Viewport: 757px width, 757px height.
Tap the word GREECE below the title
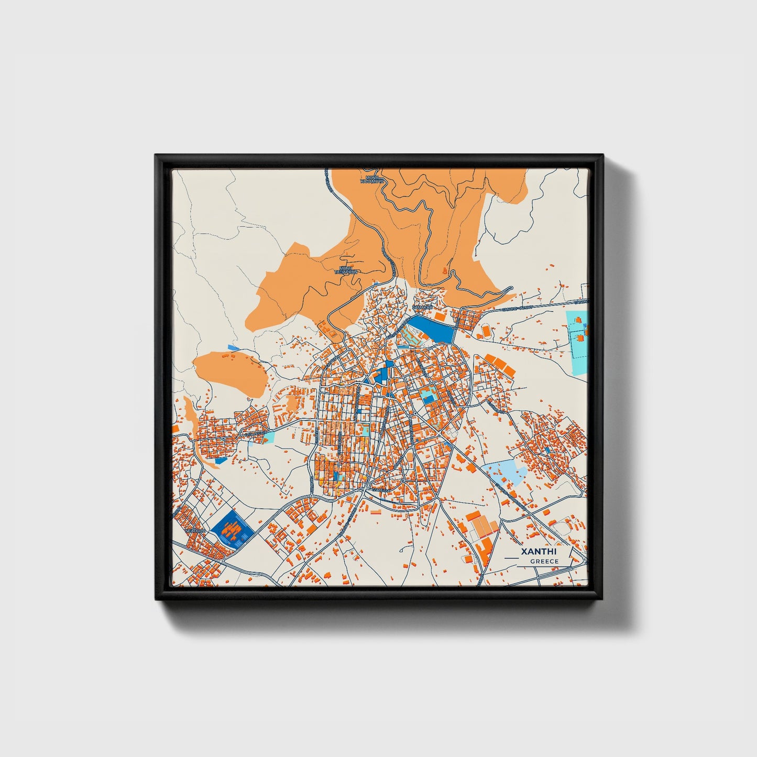(x=544, y=562)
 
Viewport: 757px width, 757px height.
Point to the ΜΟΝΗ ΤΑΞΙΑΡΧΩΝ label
(x=347, y=270)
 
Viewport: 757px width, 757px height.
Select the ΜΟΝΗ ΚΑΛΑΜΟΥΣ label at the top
(x=372, y=180)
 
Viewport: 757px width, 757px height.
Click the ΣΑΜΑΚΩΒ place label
(x=423, y=308)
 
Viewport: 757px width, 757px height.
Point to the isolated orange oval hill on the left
(x=229, y=371)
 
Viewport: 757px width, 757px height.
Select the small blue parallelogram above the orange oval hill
(x=233, y=347)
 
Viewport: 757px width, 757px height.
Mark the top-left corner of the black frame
(x=156, y=156)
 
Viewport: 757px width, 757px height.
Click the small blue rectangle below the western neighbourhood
(x=221, y=460)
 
